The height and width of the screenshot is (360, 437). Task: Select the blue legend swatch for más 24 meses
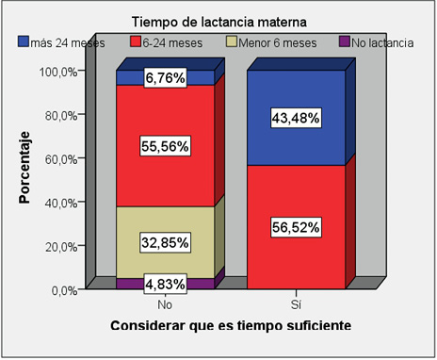[24, 41]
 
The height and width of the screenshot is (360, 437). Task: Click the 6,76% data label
[165, 79]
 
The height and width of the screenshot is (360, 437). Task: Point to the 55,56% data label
[165, 147]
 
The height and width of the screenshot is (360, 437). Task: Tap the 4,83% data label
[165, 283]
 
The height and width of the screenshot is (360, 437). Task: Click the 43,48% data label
[295, 118]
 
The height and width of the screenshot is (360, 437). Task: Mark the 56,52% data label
[295, 227]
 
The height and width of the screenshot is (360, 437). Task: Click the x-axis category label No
[165, 305]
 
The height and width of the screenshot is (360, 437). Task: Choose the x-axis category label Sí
[295, 305]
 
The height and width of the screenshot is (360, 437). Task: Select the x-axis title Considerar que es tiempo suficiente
[231, 325]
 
